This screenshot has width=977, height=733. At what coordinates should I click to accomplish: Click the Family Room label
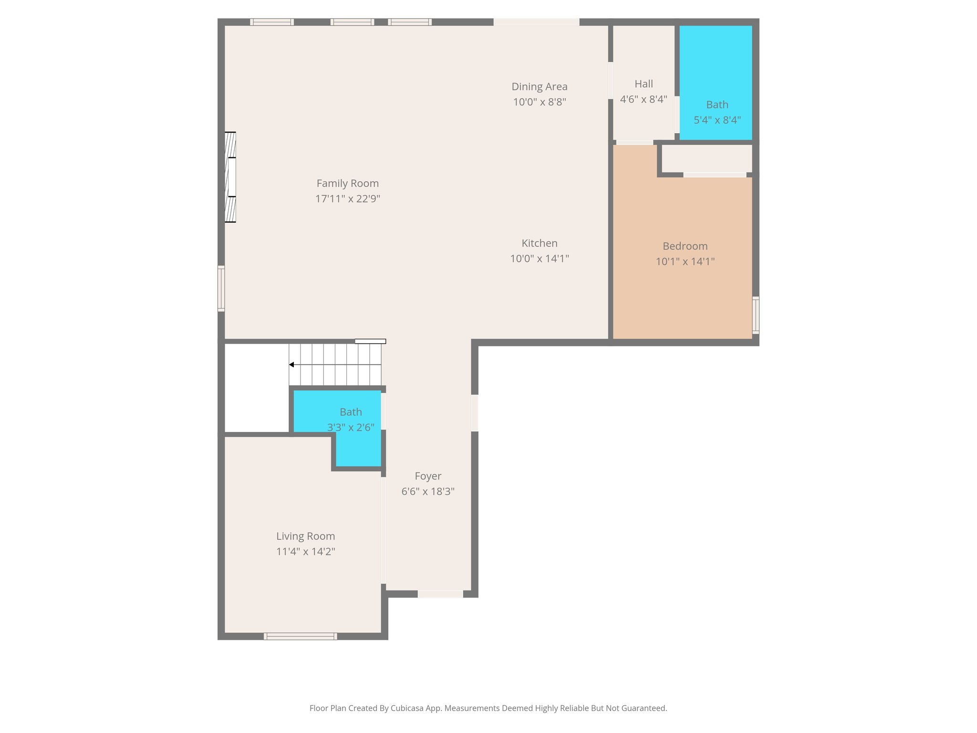pos(347,183)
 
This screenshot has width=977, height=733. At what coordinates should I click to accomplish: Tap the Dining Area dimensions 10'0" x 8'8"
pos(539,102)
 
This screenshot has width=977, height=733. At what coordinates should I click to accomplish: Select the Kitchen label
pos(539,243)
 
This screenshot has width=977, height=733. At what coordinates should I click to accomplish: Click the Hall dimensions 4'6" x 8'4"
pos(643,99)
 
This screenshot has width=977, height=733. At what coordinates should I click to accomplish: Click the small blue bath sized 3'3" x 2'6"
pos(358,449)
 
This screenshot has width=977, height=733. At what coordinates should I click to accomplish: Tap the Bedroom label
pos(685,246)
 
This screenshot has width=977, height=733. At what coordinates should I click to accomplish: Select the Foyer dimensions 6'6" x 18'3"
pos(427,492)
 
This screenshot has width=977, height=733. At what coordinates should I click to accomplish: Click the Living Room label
pos(305,536)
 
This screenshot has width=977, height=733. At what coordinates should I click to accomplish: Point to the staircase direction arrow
pos(291,365)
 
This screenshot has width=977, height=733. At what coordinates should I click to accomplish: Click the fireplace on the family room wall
pos(230,177)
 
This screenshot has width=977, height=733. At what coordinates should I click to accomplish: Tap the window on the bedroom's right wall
pos(755,314)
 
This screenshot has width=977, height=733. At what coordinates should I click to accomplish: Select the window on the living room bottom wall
pos(300,636)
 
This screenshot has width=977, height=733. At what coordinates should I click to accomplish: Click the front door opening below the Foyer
pos(440,594)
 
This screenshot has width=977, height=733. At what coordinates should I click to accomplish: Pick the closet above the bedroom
pos(706,158)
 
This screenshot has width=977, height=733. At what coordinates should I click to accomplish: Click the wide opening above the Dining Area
pos(536,22)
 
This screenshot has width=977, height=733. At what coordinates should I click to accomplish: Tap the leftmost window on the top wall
pos(271,22)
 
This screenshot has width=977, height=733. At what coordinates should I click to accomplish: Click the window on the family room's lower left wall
pos(221,288)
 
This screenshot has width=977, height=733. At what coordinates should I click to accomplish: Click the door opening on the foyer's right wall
pos(475,413)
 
